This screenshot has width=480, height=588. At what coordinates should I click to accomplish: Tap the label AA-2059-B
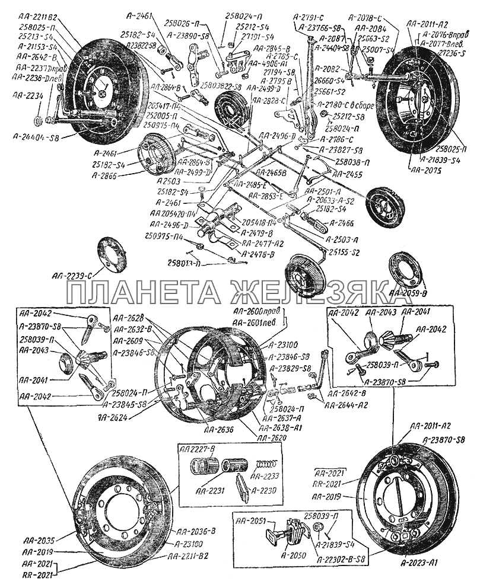(409, 293)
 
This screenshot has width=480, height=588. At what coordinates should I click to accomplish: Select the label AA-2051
(249, 522)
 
